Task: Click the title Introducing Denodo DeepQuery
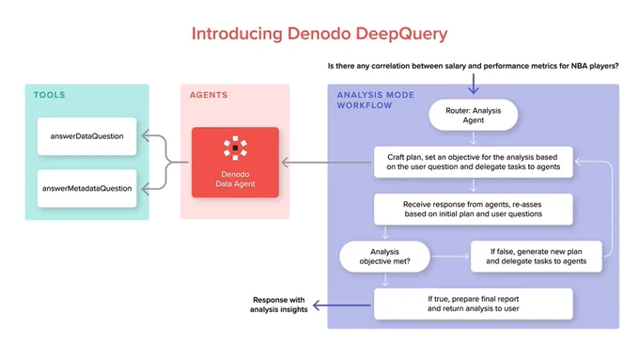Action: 319,34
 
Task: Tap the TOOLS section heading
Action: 49,95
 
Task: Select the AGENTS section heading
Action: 209,95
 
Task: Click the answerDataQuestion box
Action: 86,136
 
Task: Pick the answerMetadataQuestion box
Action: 86,188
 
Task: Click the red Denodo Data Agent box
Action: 235,163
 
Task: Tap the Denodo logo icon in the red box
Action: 235,148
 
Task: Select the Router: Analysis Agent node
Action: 473,115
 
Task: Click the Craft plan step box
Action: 473,162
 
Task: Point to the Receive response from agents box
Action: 473,210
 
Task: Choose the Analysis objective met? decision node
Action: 384,257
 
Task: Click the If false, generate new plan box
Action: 536,257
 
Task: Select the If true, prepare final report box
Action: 473,304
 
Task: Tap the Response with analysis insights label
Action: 279,305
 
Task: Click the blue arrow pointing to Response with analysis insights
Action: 341,305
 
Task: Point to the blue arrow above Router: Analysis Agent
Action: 473,84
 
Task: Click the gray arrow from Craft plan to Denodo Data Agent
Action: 326,163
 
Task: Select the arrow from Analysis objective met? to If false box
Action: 451,257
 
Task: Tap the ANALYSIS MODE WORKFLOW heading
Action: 375,101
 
